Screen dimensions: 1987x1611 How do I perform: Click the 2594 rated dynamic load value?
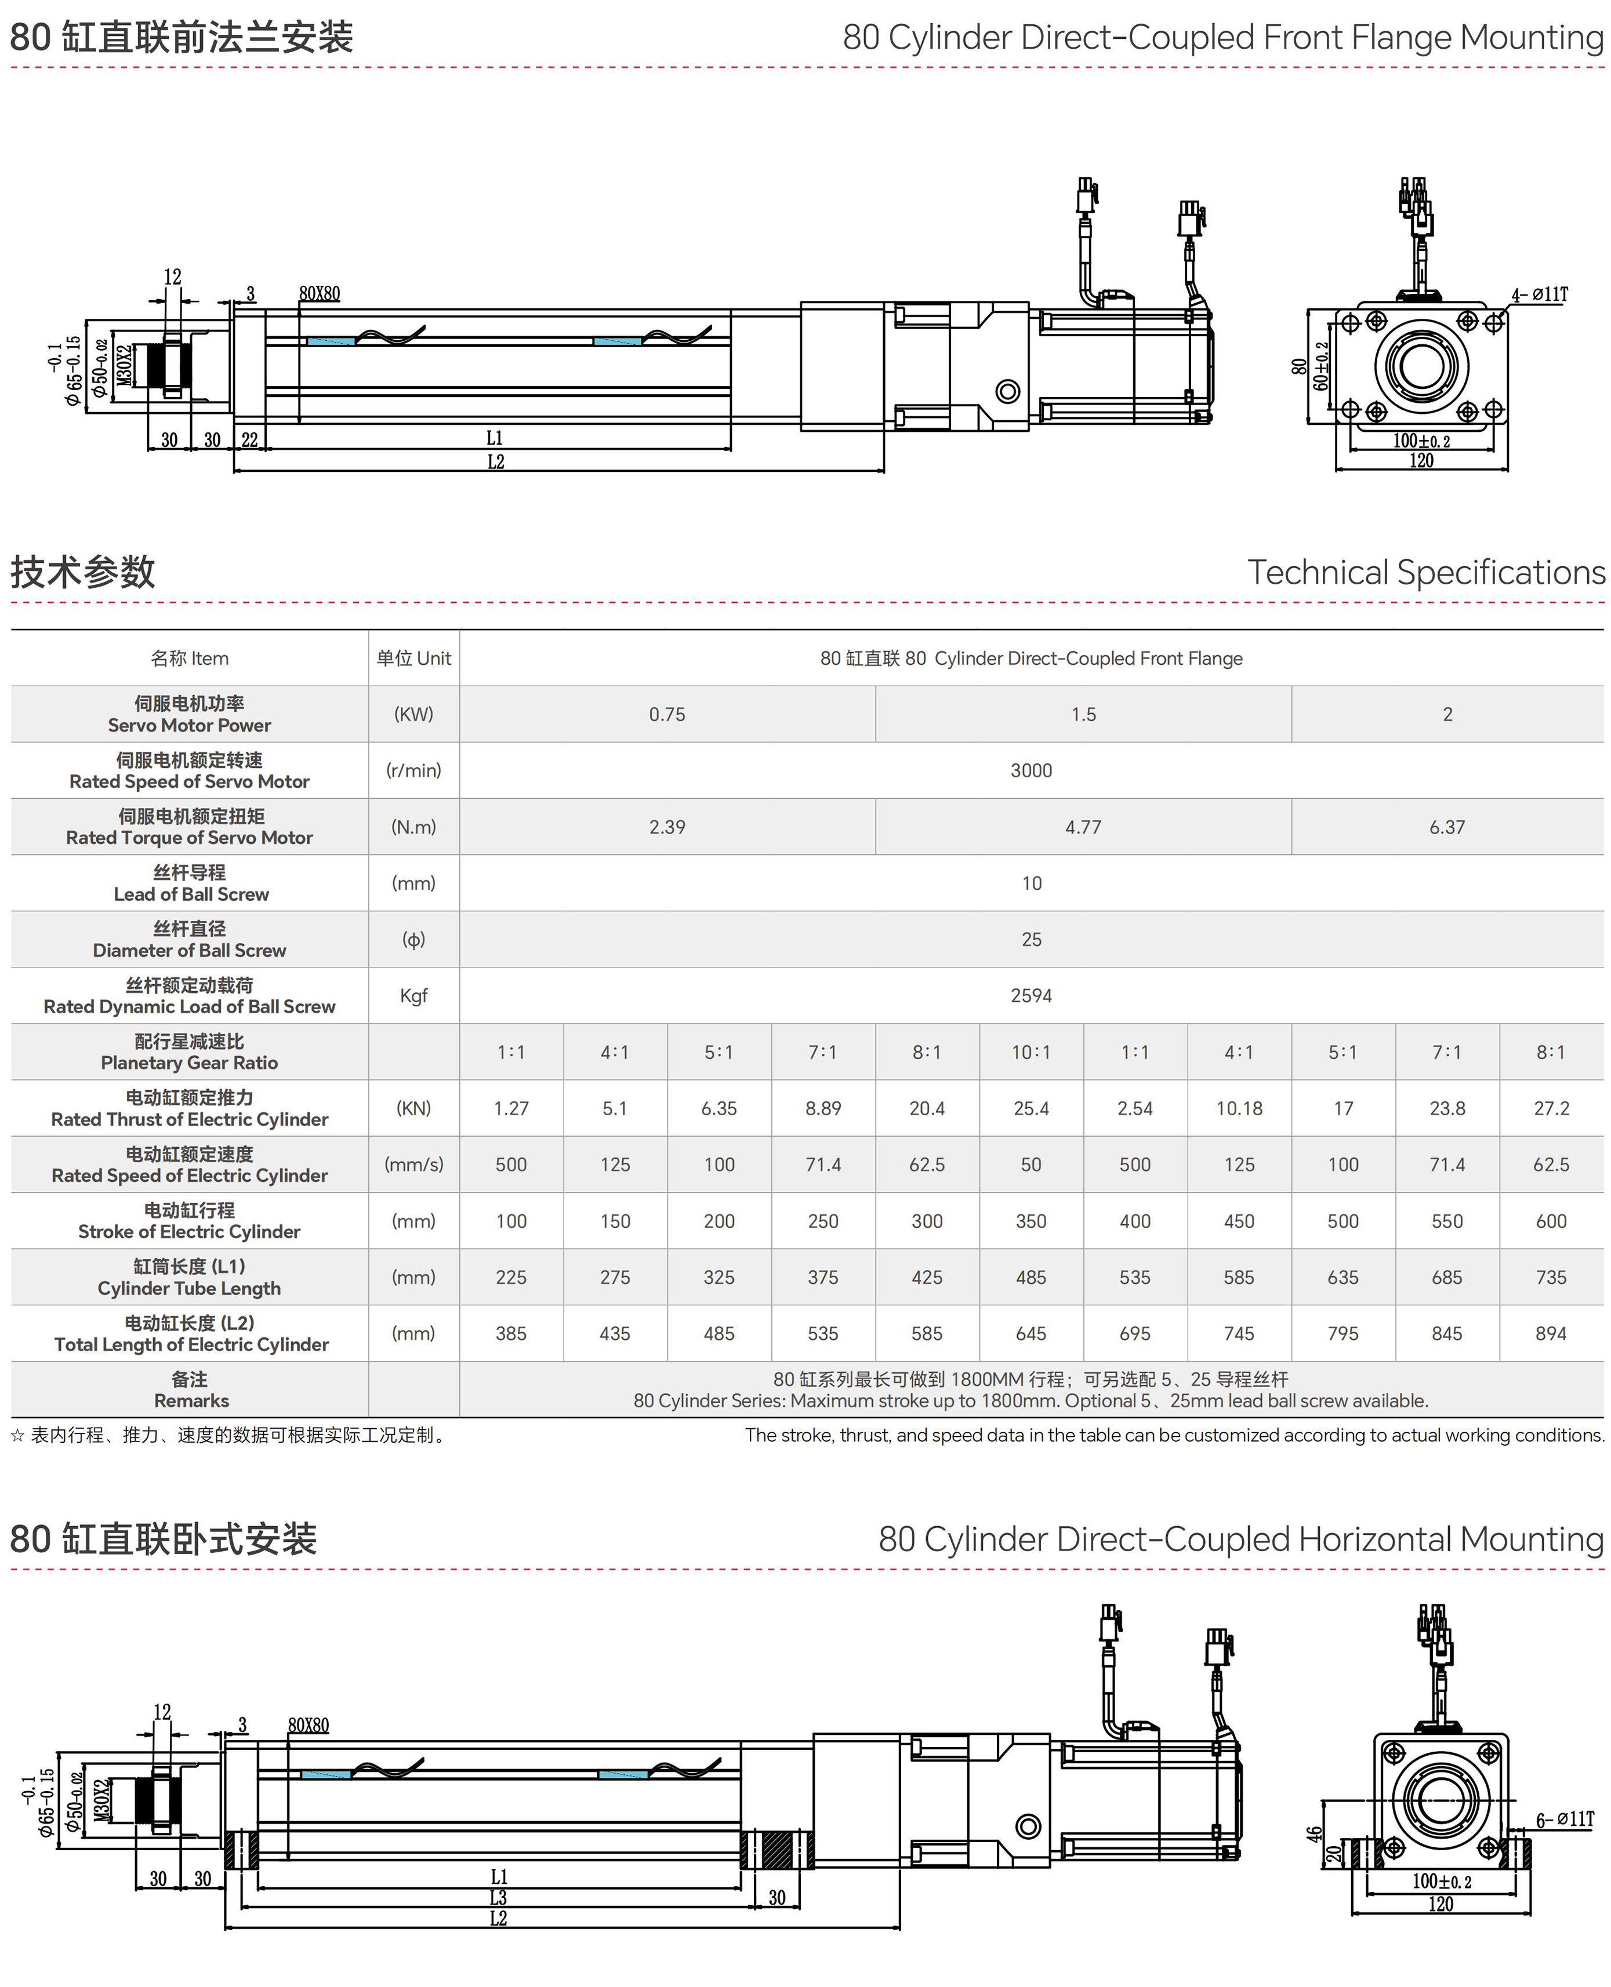(1031, 995)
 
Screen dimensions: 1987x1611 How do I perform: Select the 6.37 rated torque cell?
(1447, 827)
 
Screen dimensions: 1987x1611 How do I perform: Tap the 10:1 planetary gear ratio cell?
(1031, 1052)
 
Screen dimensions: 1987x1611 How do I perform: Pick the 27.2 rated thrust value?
(1551, 1108)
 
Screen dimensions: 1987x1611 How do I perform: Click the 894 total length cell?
(1551, 1333)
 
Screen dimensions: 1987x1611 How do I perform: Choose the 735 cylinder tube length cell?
(1551, 1278)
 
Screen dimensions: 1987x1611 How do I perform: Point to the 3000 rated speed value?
(1031, 770)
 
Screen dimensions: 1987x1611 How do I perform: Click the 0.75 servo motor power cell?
(667, 714)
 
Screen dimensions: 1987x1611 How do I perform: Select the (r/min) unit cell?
(414, 770)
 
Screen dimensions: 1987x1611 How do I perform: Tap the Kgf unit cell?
(414, 995)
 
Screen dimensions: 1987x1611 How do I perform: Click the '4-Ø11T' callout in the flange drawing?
(1540, 295)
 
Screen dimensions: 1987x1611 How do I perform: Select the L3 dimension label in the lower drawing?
(498, 1897)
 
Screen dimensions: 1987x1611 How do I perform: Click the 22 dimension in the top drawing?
(249, 440)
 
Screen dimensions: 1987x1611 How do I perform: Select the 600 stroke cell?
(1551, 1221)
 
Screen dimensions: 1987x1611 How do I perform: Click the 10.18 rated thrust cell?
(1239, 1108)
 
